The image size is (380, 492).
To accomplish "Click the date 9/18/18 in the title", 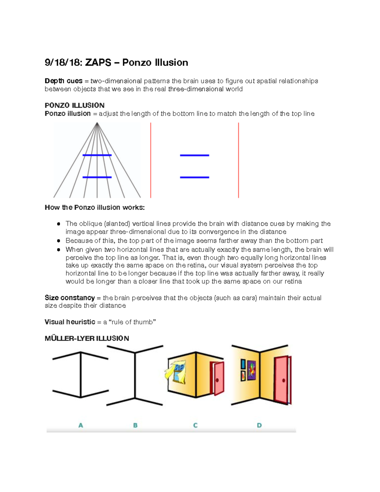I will click(62, 63).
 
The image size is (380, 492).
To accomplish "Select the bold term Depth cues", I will click(63, 81).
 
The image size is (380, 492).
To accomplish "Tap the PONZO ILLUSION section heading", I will click(74, 105).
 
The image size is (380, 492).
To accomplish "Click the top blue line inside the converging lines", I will click(97, 155).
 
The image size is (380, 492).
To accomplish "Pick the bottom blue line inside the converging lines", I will click(97, 177).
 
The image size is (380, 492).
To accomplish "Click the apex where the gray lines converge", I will click(97, 123).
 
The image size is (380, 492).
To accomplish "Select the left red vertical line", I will click(151, 160).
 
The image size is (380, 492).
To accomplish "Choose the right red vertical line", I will click(238, 160).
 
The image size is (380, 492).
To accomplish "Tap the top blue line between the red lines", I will click(194, 155).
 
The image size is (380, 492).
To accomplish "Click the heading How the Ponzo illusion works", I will click(95, 208).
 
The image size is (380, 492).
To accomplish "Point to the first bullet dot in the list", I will click(59, 224).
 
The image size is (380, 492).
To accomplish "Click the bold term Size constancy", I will click(70, 298).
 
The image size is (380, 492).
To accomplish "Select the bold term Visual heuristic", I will click(70, 322).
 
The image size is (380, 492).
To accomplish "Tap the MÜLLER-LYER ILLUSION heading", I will click(87, 338).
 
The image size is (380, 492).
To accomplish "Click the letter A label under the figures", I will click(81, 425).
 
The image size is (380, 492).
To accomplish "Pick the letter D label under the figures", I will click(259, 425).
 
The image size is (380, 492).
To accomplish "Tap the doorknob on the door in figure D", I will click(283, 380).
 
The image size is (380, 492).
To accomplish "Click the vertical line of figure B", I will click(135, 375).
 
